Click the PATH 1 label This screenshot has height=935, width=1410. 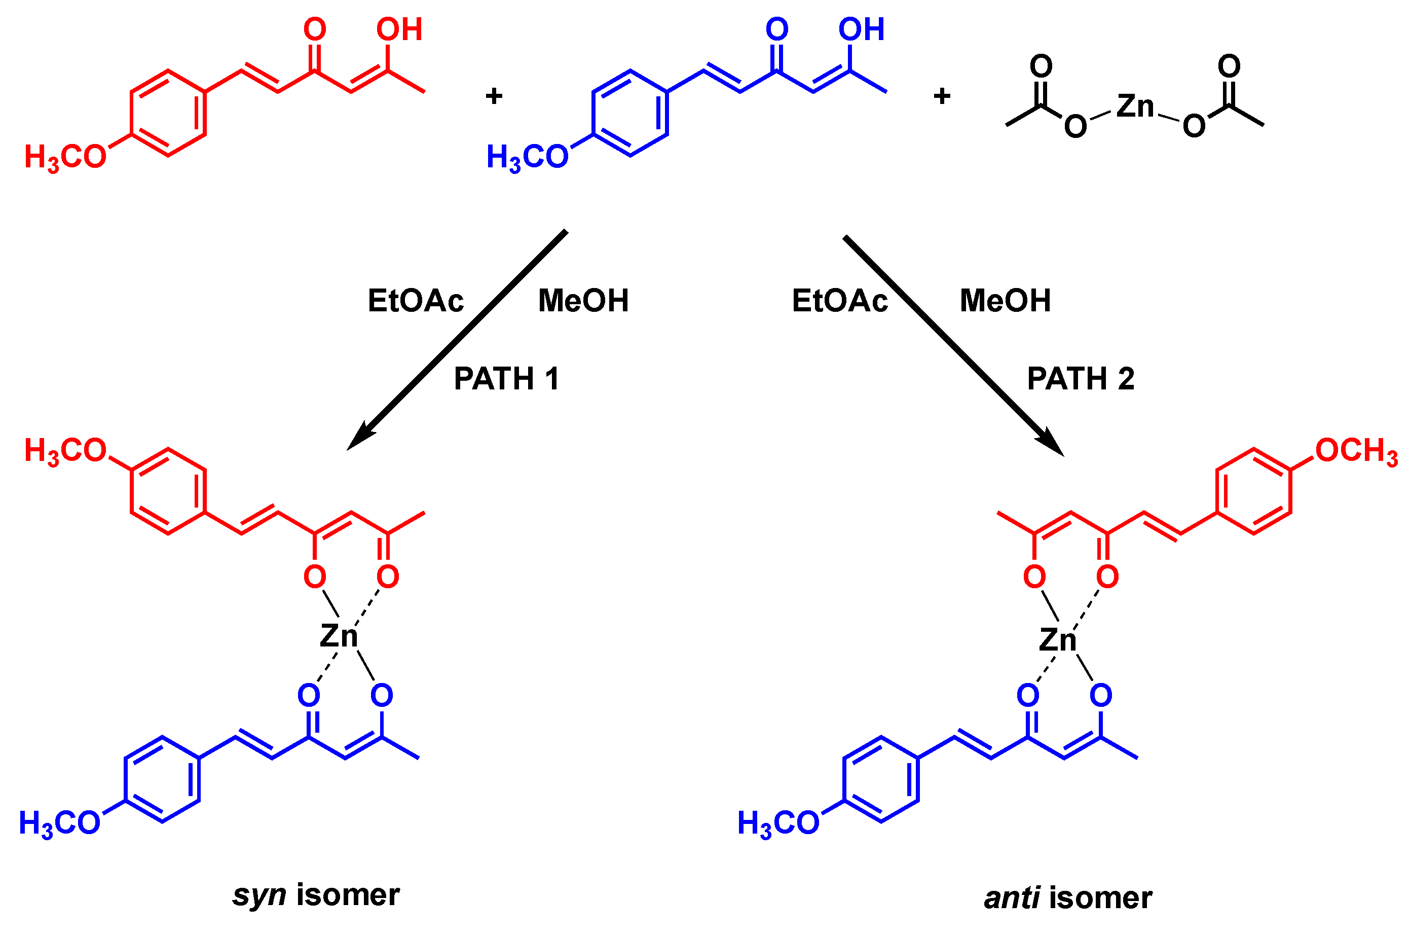point(506,379)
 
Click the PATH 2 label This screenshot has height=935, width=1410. point(1081,379)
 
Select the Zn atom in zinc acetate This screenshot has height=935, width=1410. point(1135,106)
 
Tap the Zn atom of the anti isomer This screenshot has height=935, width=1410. point(1057,639)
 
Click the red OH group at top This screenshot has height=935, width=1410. point(399,30)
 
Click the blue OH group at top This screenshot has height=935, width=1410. point(861,30)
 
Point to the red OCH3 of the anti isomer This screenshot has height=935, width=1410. point(1356,451)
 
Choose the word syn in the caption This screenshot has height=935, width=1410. point(259,895)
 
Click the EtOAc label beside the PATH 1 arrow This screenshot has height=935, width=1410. point(416,301)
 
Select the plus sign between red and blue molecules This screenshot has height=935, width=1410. point(494,96)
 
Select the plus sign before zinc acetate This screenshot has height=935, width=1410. point(942,96)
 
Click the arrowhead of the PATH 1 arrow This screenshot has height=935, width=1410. point(360,437)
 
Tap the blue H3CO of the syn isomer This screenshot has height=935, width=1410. point(60,823)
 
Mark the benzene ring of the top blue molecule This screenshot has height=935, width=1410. point(630,113)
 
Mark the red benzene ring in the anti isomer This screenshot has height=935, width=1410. point(1253,491)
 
